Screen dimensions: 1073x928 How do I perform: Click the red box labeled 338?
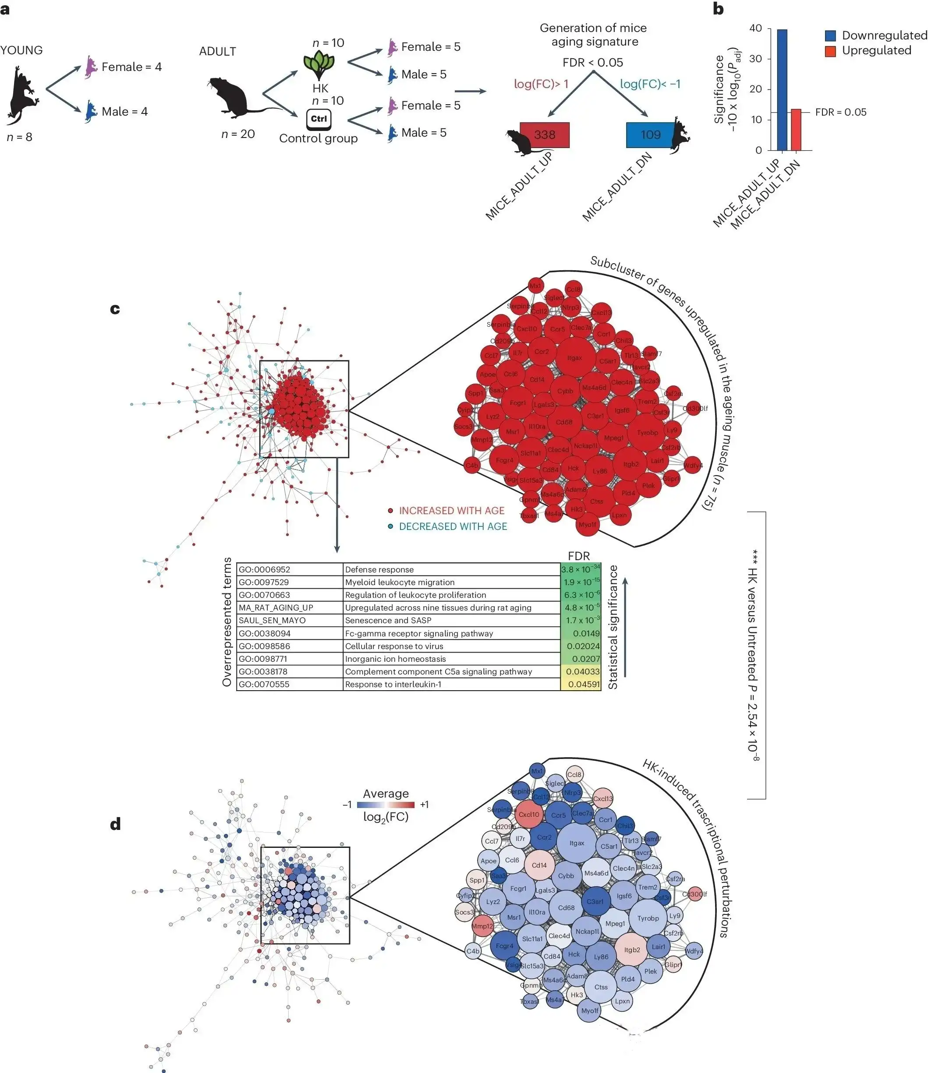(x=544, y=134)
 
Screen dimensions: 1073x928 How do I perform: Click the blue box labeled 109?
(x=650, y=134)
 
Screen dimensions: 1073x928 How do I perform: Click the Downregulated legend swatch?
(x=830, y=36)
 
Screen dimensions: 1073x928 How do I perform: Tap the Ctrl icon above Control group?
(x=319, y=119)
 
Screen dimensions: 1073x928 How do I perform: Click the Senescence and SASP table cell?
(x=451, y=621)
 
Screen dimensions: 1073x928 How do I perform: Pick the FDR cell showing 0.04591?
(x=581, y=684)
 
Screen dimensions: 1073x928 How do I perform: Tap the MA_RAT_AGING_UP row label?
(x=289, y=607)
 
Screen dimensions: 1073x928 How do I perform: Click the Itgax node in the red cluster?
(x=574, y=357)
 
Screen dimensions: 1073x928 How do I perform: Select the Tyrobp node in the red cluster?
(x=647, y=432)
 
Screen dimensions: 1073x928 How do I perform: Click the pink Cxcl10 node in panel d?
(x=528, y=814)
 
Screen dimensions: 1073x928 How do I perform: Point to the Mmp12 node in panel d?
(x=482, y=926)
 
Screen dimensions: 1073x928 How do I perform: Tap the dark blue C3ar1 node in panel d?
(x=595, y=901)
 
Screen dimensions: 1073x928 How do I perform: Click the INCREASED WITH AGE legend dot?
(x=391, y=511)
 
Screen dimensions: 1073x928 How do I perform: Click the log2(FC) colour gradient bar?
(x=386, y=805)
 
